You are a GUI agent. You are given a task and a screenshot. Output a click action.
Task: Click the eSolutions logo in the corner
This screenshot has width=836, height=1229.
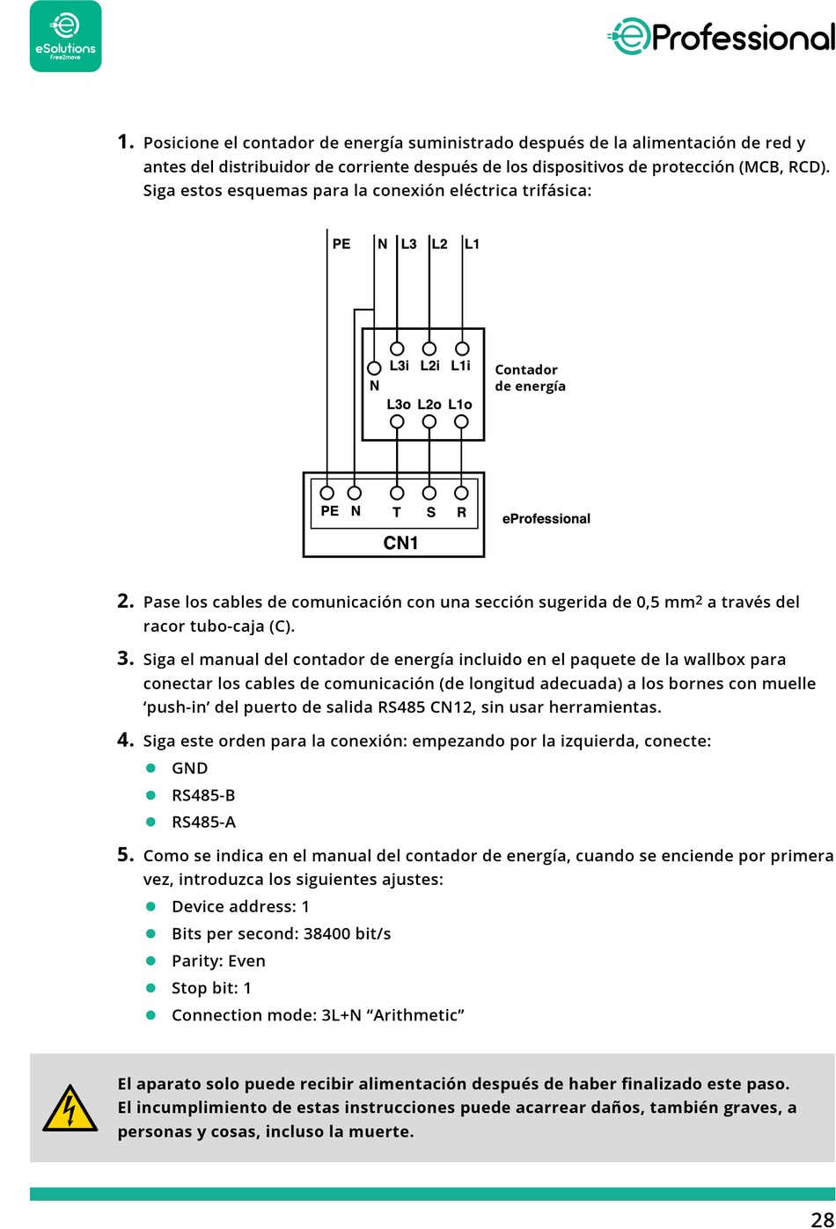pyautogui.click(x=65, y=37)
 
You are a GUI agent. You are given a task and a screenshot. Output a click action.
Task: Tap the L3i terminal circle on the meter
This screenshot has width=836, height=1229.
pyautogui.click(x=397, y=348)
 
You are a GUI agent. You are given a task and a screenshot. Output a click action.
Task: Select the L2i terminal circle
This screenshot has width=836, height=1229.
pyautogui.click(x=429, y=348)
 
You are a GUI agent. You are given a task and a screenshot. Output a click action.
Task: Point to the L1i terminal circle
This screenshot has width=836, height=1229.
pyautogui.click(x=462, y=348)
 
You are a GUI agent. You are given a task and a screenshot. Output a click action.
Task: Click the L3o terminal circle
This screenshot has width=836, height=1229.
pyautogui.click(x=397, y=421)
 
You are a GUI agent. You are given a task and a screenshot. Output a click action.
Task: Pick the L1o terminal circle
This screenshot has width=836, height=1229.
pyautogui.click(x=461, y=421)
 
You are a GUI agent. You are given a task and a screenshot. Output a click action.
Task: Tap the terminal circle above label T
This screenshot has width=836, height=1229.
pyautogui.click(x=397, y=493)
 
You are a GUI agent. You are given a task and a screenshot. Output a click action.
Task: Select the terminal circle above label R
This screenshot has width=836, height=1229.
pyautogui.click(x=461, y=493)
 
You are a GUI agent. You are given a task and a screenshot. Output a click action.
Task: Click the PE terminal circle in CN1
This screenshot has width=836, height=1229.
pyautogui.click(x=327, y=493)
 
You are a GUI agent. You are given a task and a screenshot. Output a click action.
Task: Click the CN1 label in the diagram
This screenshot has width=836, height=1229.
pyautogui.click(x=400, y=543)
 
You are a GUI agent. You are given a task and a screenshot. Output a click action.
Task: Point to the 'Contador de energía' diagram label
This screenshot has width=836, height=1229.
pyautogui.click(x=529, y=377)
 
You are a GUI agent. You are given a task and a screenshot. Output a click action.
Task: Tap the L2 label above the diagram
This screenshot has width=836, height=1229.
pyautogui.click(x=439, y=244)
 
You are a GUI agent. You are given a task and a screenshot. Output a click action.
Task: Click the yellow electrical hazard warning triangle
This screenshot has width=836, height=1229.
pyautogui.click(x=70, y=1108)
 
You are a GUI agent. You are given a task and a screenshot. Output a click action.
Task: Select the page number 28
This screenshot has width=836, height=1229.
pyautogui.click(x=822, y=1218)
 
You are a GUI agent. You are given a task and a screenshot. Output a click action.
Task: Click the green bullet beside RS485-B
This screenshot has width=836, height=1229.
pyautogui.click(x=150, y=795)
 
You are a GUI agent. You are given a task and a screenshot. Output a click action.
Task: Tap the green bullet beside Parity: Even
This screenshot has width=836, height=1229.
pyautogui.click(x=150, y=961)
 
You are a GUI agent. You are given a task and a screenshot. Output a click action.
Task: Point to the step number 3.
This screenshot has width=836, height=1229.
pyautogui.click(x=125, y=658)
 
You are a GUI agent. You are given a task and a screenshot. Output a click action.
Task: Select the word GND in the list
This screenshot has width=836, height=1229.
pyautogui.click(x=189, y=768)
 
